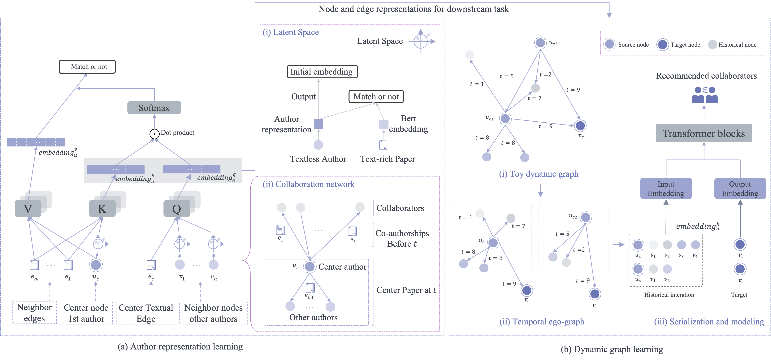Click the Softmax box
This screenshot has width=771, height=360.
(x=154, y=108)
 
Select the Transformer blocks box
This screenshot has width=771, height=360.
(x=704, y=133)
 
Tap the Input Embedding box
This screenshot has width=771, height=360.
(x=666, y=189)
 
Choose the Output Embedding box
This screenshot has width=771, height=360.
(x=740, y=189)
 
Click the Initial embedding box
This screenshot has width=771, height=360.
(x=322, y=72)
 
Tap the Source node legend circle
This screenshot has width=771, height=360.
(x=609, y=45)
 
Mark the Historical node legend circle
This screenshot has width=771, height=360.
(x=713, y=45)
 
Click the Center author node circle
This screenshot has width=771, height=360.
(x=310, y=266)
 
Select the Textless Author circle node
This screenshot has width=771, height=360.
(x=318, y=145)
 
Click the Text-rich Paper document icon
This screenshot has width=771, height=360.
(x=383, y=145)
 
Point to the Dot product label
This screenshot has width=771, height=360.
(x=177, y=132)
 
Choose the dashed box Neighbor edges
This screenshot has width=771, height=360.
(x=34, y=313)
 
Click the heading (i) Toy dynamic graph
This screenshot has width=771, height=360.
(x=539, y=174)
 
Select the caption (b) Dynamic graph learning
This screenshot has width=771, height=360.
(x=612, y=349)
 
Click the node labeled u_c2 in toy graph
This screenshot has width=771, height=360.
(x=540, y=42)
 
